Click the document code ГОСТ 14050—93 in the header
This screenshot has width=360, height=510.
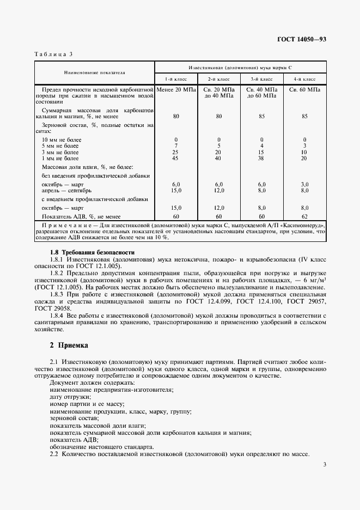(302, 40)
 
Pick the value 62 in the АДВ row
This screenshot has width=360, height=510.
(304, 216)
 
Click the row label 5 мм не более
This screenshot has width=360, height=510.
(62, 146)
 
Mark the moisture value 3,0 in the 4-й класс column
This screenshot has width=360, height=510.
(304, 185)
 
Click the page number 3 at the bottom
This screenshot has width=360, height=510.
(324, 465)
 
